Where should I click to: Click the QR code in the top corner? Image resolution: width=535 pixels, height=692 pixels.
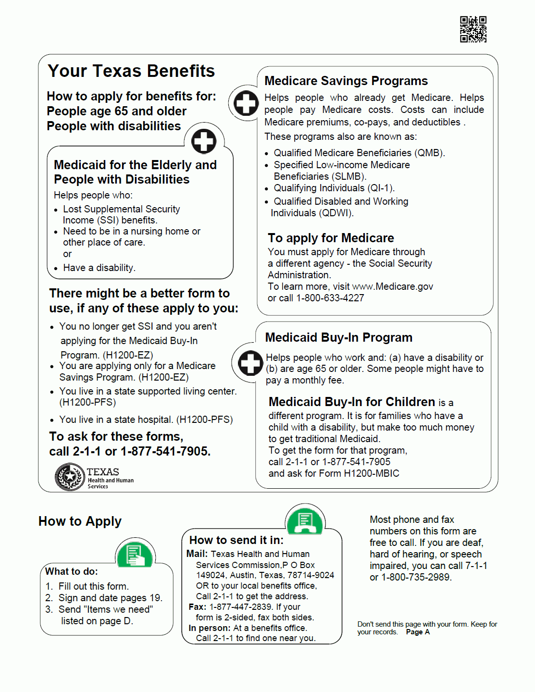point(473,29)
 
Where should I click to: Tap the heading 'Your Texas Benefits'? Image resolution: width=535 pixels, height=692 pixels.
point(131,71)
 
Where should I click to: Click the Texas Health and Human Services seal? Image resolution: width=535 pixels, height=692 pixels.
point(70,477)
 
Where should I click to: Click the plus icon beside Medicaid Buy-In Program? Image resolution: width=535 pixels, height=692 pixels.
point(250,363)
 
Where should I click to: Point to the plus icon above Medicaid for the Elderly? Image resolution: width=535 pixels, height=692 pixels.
point(204,141)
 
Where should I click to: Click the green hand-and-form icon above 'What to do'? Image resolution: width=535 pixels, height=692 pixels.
point(135,555)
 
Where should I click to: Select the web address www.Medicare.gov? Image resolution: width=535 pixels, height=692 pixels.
point(393,287)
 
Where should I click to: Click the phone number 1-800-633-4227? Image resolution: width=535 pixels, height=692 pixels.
point(330,298)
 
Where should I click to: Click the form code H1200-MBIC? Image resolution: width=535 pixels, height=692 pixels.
point(372,473)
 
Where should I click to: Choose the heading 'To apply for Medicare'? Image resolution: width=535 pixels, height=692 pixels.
point(331,238)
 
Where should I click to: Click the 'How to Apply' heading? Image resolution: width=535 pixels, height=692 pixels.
point(80,521)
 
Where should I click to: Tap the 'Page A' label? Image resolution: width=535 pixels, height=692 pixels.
point(418,632)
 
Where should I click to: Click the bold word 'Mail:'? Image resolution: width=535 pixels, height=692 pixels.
point(197,554)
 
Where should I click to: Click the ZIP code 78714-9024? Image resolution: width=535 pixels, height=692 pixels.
point(311,575)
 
